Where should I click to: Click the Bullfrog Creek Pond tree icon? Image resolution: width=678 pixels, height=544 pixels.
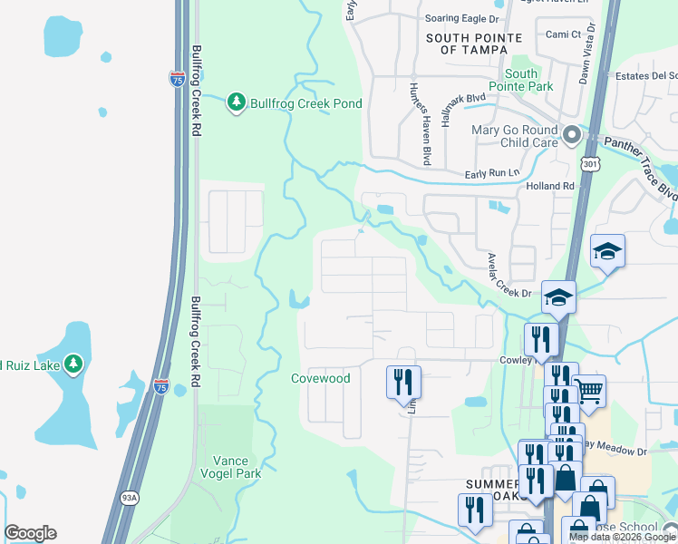(x=237, y=103)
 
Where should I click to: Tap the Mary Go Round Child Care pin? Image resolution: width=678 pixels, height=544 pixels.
(x=571, y=137)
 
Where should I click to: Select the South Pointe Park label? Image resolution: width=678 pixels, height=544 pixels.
(x=521, y=80)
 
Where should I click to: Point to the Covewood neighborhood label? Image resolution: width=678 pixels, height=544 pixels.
(x=320, y=378)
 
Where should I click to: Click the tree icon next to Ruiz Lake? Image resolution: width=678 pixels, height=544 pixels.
(x=73, y=365)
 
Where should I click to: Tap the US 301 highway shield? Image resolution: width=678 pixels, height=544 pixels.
(x=590, y=164)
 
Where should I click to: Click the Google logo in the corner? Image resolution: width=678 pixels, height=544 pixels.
(x=30, y=533)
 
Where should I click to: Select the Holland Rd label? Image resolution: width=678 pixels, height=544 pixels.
(x=550, y=187)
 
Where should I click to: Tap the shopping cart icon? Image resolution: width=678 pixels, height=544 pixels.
(x=588, y=391)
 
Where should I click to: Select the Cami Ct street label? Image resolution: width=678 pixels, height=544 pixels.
(x=563, y=34)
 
